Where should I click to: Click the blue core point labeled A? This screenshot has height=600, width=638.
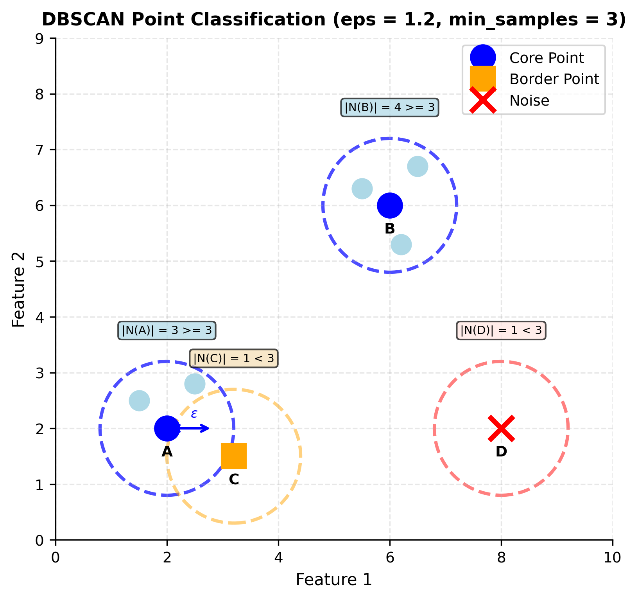pos(167,428)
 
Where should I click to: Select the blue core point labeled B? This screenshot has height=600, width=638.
pos(390,205)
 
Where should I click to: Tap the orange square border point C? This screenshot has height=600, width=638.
pos(234,456)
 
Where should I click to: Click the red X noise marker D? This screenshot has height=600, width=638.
pos(501,428)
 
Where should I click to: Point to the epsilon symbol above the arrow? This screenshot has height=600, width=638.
pos(194,414)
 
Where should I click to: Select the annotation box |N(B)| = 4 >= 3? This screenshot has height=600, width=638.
pos(390,107)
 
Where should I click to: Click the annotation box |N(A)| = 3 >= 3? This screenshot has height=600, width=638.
pos(167,331)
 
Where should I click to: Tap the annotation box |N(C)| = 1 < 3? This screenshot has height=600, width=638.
pos(234,358)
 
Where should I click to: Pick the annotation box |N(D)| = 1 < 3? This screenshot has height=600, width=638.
pos(501,331)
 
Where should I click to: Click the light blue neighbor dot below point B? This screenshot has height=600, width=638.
pos(401,245)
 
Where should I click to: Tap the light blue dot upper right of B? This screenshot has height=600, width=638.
pos(418,166)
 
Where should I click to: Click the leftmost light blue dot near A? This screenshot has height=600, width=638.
pos(139,401)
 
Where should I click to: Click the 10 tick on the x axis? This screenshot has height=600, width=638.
pos(612,558)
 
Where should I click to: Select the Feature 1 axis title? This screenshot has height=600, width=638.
pos(333,580)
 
